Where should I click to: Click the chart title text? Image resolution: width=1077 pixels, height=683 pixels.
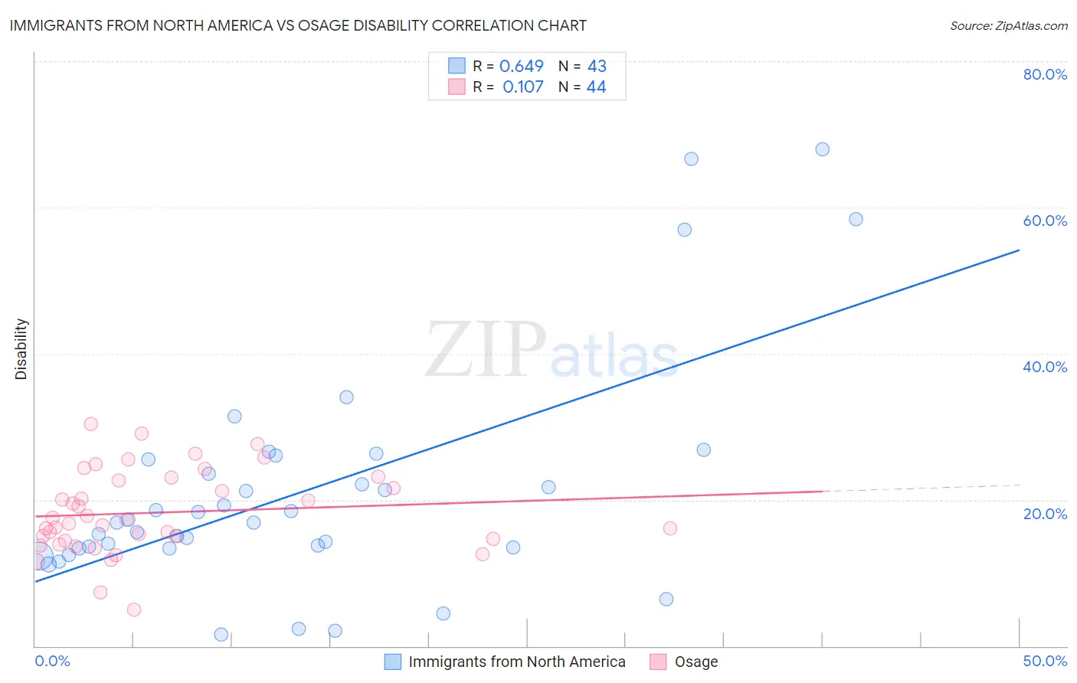(298, 25)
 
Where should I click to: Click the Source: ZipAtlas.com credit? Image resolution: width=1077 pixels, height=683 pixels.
(1008, 25)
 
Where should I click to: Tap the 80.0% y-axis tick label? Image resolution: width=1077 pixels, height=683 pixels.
(1045, 74)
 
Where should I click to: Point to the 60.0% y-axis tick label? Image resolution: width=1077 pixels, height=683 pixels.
(1045, 221)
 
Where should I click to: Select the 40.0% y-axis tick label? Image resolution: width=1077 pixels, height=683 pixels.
(1045, 367)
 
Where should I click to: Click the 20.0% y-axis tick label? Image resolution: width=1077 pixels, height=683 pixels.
(1045, 514)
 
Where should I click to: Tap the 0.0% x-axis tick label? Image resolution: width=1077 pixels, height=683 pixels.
(52, 661)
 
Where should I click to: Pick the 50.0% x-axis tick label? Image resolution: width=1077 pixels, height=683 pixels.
(1045, 661)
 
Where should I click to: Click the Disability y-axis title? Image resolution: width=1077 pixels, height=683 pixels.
(21, 349)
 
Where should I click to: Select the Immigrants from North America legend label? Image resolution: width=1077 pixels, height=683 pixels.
(517, 662)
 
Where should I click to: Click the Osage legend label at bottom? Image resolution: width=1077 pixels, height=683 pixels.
(696, 662)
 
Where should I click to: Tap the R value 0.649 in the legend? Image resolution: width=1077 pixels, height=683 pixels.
(522, 67)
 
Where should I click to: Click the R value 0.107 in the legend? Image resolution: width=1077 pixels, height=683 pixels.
(523, 87)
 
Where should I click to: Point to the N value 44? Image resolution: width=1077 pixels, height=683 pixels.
(596, 87)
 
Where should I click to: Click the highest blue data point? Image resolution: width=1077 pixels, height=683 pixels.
(822, 149)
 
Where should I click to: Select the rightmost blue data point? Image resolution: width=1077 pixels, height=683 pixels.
(856, 219)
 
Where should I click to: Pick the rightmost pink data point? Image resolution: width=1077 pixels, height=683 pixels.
(670, 528)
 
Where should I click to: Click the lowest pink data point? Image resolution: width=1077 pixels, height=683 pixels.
(134, 609)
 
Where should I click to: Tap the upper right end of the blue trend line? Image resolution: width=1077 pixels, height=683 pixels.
(1019, 250)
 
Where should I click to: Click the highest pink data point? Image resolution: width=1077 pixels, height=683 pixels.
(91, 424)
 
